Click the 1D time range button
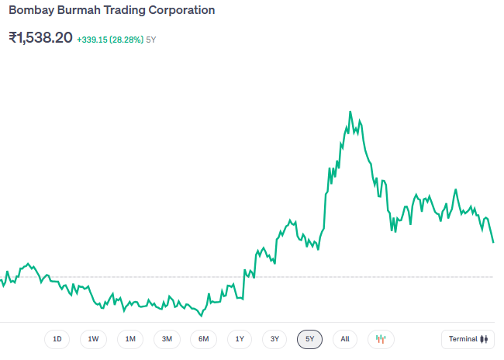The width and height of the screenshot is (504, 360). coord(57,339)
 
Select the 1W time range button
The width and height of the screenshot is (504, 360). coord(93,339)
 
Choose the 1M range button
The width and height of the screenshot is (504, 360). coord(130,339)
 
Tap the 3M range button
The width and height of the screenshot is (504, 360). coord(167,339)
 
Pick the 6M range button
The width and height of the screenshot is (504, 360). coord(203,339)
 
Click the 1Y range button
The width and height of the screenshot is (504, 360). coord(240,339)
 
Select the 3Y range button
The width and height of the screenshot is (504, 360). coord(274,339)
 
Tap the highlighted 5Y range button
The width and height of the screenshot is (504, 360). coord(309,339)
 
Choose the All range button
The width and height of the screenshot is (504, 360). coord(345,339)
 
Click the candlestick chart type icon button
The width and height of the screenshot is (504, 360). coord(381,339)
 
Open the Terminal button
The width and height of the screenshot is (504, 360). coord(468,339)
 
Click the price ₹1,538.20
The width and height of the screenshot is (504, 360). coord(40,37)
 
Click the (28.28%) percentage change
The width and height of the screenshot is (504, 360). coord(126,40)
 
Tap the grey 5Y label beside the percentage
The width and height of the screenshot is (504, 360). coord(152,40)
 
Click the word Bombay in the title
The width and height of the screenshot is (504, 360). coord(29,11)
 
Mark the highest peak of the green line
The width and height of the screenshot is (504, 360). coord(350,112)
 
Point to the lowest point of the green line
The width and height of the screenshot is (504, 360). coord(201,316)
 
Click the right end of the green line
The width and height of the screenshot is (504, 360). coord(493,242)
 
